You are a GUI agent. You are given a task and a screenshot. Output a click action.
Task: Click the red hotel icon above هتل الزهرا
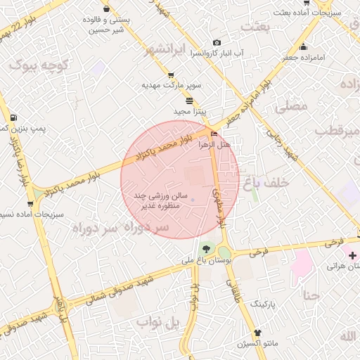click(x=214, y=134)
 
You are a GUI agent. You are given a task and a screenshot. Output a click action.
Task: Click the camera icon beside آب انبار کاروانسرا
click(x=217, y=43)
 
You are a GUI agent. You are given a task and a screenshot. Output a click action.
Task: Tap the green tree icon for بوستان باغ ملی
click(x=206, y=248)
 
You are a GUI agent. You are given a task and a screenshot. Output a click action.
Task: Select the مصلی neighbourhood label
click(x=292, y=106)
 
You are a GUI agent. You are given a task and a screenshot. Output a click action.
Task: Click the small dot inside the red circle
click(x=192, y=201)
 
